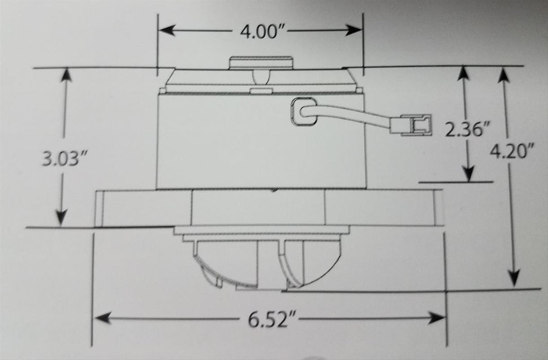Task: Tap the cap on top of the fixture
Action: tap(260, 63)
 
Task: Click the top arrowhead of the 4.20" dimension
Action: tap(502, 75)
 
